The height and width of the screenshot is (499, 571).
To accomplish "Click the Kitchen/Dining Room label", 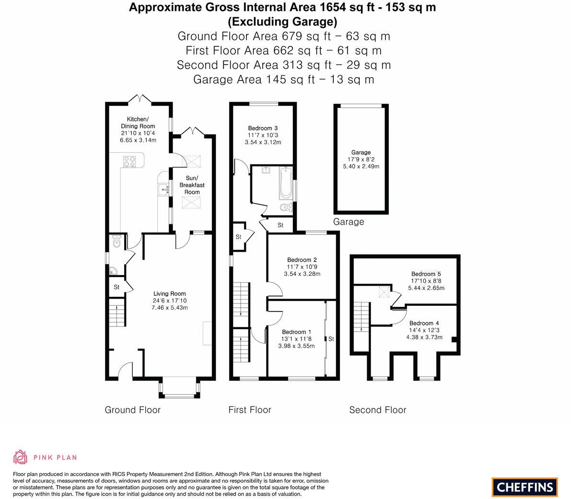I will pos(138,123).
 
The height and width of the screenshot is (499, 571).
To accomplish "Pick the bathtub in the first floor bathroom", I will pos(286,183).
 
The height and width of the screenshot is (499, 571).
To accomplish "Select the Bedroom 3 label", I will pos(263,128).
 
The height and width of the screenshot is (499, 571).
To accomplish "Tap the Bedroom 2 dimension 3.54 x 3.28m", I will pos(302,274).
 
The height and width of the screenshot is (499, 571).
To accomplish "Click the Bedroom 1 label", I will pos(296,332).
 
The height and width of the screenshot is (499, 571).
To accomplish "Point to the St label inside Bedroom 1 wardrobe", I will pos(331,339).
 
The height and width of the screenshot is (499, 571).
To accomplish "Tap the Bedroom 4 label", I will pos(424,323).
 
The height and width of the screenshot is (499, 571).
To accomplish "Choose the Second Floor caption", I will pos(377,410).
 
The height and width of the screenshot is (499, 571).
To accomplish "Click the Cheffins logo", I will pos(524,487).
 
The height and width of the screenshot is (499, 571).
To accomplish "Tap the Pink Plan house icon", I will pos(20,457).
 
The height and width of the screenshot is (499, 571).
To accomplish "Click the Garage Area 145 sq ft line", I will pos(283,80).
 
